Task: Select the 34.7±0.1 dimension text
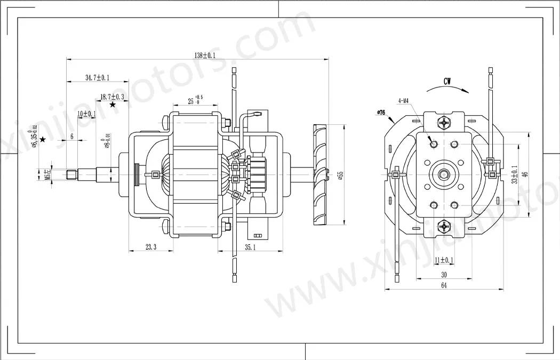97,78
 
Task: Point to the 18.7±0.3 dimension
112,97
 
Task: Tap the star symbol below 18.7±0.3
113,105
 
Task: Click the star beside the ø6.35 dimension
43,140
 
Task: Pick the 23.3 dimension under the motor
150,247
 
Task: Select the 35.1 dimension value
250,247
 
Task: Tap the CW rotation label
448,82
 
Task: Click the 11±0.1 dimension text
444,260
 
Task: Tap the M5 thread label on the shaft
47,174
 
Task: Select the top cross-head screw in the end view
444,123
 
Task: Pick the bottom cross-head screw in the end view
444,226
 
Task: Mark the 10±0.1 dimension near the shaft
86,114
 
